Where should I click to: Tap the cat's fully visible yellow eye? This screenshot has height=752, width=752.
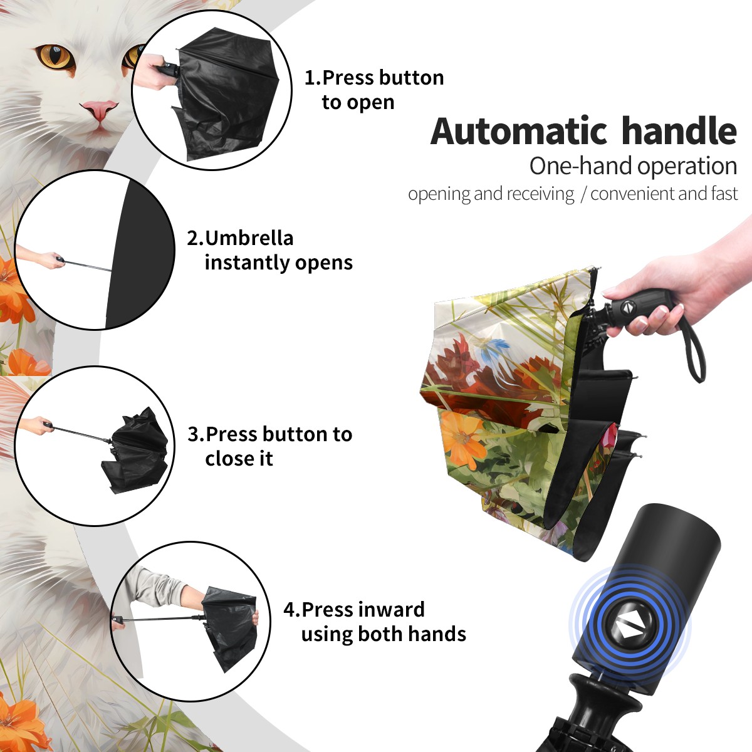(56, 56)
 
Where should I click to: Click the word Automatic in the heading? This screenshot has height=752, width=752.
(519, 131)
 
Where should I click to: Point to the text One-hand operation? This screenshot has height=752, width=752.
(633, 166)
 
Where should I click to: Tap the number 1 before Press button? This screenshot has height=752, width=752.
(309, 78)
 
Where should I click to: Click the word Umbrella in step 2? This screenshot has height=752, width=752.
(249, 238)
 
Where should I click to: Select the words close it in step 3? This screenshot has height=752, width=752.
(239, 458)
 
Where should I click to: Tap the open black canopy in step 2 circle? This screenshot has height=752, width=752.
(138, 254)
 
